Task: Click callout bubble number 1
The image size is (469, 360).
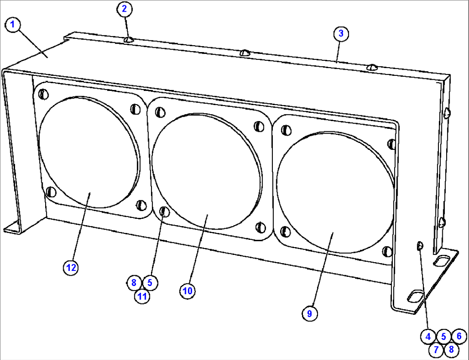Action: click(13, 25)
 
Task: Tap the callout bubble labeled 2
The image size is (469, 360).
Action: click(124, 9)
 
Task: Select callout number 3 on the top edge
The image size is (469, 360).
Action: click(340, 34)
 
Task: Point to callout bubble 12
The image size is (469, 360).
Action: click(71, 267)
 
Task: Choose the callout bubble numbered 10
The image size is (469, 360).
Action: click(187, 291)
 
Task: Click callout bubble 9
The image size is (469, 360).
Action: click(309, 313)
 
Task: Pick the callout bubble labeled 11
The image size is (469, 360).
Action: click(142, 296)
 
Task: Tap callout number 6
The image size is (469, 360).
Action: click(459, 336)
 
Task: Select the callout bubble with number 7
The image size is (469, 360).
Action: click(436, 349)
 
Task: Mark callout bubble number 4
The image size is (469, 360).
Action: click(428, 336)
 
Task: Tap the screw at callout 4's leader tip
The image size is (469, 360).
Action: click(420, 246)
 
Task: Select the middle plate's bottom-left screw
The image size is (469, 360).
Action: click(164, 211)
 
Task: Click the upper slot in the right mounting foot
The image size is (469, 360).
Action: click(442, 260)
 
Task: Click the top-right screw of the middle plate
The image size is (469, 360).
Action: click(259, 126)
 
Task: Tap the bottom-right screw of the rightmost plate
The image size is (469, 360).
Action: click(387, 251)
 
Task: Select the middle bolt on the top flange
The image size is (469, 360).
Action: click(245, 53)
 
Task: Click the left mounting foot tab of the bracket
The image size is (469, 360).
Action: click(13, 227)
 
